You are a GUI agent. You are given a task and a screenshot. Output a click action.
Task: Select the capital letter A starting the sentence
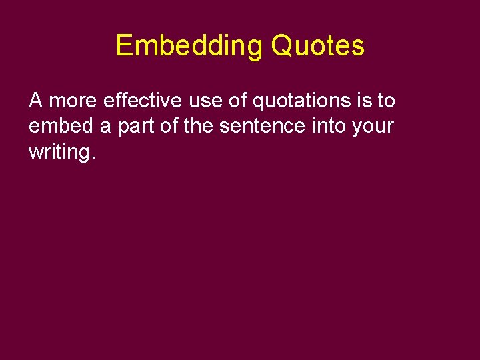pos(36,101)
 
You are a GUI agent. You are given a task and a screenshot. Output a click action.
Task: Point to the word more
pos(73,101)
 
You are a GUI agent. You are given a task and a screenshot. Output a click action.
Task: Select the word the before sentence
pos(198,126)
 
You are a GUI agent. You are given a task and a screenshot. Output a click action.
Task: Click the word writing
pos(59,152)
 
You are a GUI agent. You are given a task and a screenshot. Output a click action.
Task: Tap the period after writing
pos(93,157)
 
